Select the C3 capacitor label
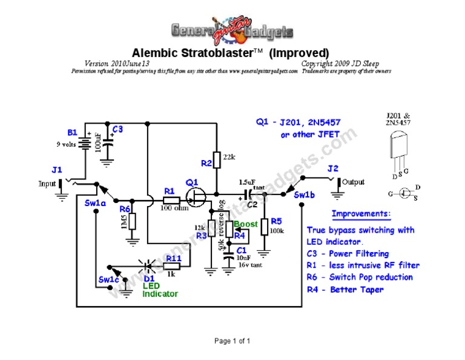click(117, 129)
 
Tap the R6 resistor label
click(124, 208)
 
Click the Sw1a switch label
click(95, 203)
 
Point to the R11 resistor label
click(173, 258)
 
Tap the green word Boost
click(245, 224)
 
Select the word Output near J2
click(354, 182)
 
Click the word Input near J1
click(47, 183)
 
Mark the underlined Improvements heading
click(361, 214)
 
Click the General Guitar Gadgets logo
click(232, 30)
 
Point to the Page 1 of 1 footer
click(232, 341)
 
